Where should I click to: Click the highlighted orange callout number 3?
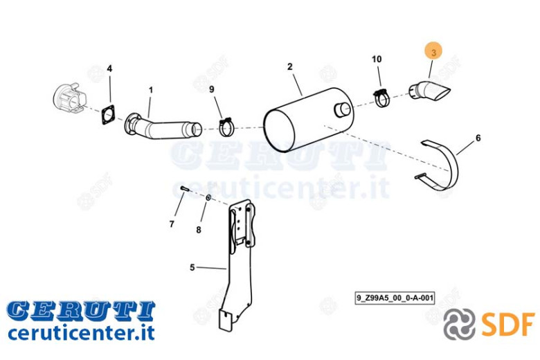click(433, 53)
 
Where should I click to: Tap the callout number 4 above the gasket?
click(109, 69)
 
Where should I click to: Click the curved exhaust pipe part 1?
click(162, 127)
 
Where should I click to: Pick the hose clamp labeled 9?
click(226, 127)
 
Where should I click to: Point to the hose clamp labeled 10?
click(381, 98)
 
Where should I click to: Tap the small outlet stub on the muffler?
click(342, 109)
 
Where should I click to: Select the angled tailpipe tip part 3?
click(429, 91)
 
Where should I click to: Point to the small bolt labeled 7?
click(185, 188)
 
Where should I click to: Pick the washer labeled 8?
click(208, 198)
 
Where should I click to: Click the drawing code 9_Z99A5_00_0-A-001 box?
click(395, 298)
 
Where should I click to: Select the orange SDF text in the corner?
click(508, 324)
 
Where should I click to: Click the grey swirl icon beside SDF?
click(459, 324)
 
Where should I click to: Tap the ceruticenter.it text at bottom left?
click(81, 333)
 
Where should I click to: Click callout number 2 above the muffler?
click(290, 66)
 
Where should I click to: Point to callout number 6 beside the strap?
click(478, 138)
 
